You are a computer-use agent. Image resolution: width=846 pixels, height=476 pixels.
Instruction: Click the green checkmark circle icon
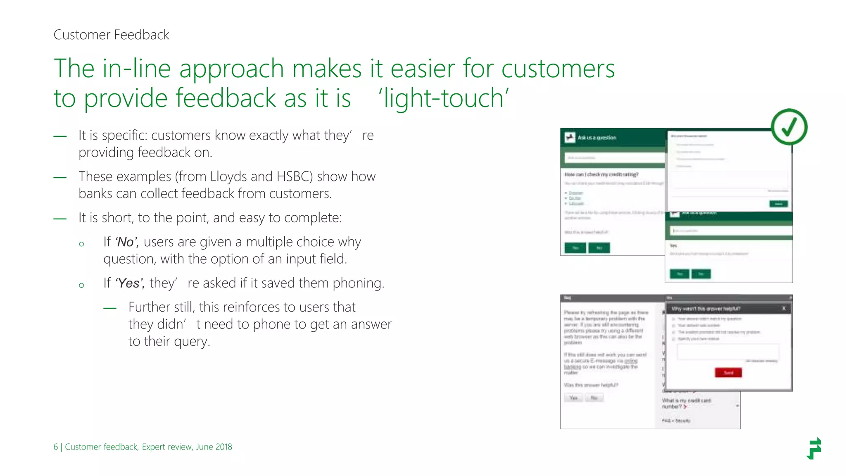(789, 127)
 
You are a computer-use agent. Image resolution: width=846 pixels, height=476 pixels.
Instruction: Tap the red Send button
(728, 373)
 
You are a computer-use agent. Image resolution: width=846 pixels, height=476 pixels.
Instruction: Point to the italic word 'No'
(126, 242)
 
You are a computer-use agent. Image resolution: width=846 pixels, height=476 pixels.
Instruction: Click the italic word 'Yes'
(129, 283)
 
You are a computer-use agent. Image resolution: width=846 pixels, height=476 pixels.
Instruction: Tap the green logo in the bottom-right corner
(814, 448)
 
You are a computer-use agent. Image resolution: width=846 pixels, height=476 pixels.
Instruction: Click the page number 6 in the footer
(56, 447)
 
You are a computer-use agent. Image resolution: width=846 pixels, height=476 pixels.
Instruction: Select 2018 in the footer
(223, 447)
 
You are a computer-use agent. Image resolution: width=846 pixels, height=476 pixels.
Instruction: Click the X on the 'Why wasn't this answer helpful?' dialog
(784, 308)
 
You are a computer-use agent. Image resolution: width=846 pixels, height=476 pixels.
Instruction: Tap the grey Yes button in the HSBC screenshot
(573, 398)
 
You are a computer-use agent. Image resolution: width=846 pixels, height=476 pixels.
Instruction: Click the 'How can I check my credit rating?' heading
(601, 174)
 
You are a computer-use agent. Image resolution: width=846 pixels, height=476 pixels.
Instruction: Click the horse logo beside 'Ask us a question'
(570, 138)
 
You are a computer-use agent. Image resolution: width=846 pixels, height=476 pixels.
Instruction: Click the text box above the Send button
(728, 352)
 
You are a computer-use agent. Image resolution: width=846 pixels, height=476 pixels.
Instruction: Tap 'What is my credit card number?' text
(686, 403)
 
